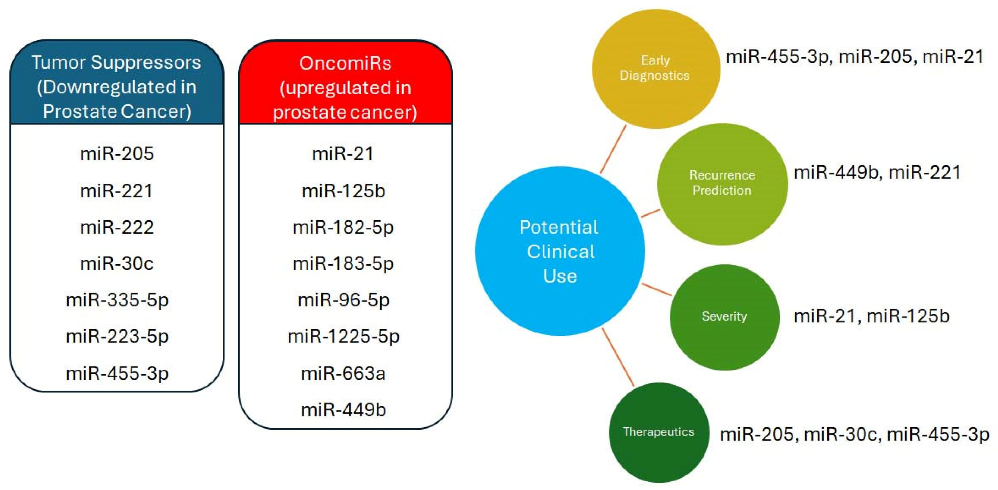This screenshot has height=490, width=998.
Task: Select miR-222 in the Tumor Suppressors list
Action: point(117,227)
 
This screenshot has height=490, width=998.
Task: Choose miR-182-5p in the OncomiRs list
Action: point(343,227)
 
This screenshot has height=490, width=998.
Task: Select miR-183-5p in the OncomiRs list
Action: point(343,264)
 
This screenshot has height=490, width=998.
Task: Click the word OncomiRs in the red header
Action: point(345,63)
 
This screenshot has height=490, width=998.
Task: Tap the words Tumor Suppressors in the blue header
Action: point(116,62)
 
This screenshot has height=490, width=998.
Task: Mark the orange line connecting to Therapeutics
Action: point(618,357)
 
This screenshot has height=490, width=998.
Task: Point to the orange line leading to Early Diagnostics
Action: point(613,149)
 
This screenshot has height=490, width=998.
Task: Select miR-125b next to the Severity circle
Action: point(908,316)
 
